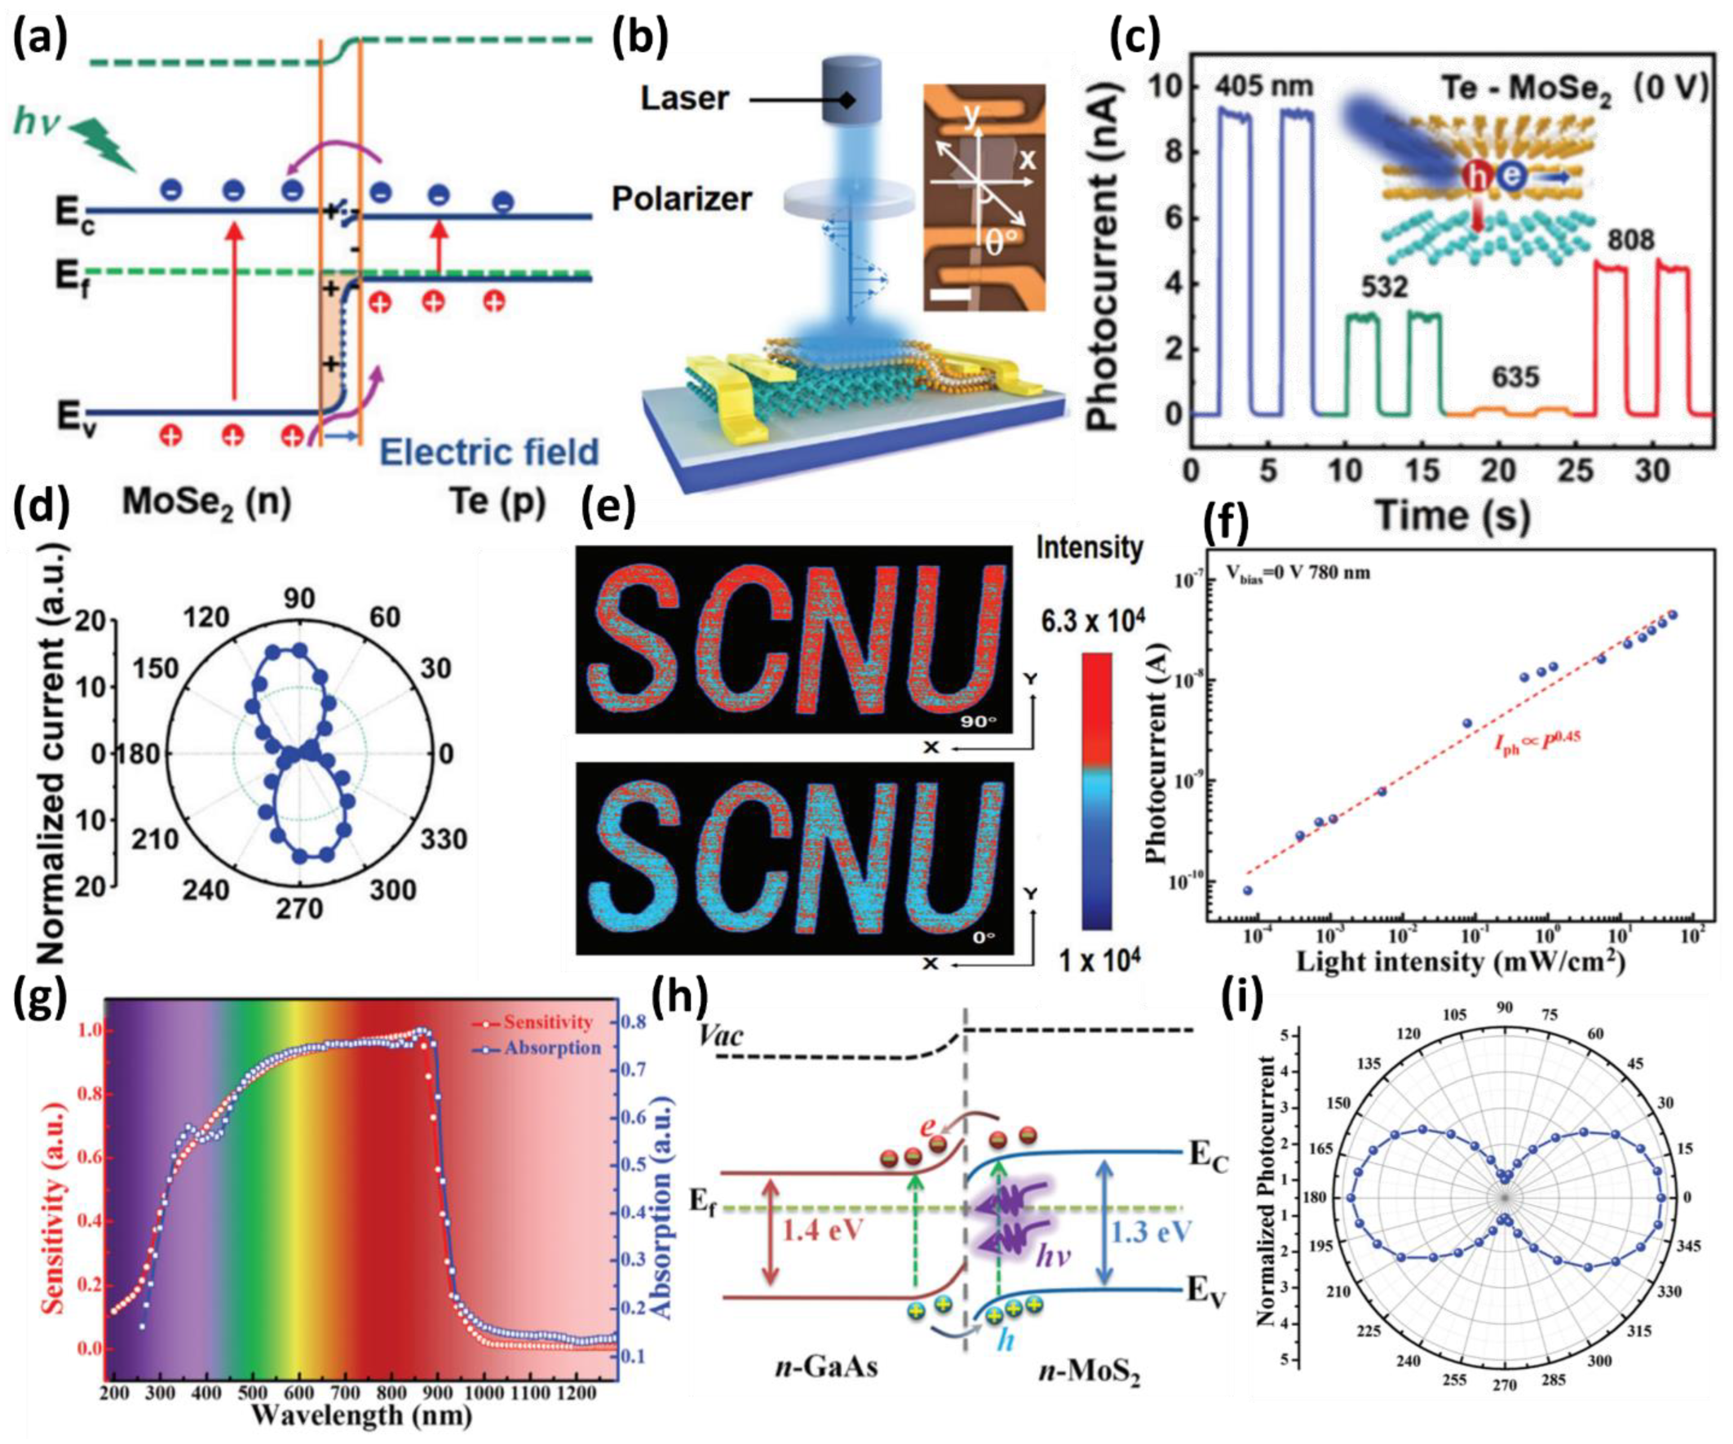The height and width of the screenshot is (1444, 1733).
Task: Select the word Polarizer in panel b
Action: [682, 199]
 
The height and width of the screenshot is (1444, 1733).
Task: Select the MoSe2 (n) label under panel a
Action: [206, 502]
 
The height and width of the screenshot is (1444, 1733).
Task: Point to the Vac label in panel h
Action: [720, 1036]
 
